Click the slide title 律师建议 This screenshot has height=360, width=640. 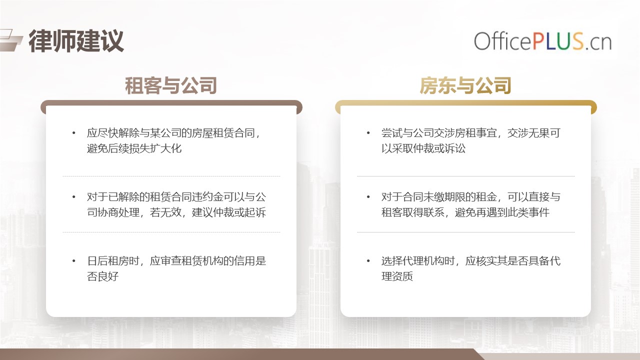76,41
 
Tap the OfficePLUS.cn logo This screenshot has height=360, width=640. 543,41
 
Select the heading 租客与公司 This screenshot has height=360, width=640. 171,85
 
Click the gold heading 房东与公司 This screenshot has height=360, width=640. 465,85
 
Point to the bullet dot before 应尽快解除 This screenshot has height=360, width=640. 74,133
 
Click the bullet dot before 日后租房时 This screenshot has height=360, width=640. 74,261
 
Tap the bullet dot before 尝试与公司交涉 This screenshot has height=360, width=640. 368,133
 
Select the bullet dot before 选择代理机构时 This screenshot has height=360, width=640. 368,261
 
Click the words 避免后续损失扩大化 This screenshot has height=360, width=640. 134,148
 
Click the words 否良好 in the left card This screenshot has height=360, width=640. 102,276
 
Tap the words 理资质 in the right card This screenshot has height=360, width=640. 397,276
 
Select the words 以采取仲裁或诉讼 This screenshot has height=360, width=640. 423,148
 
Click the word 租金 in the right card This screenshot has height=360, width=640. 486,197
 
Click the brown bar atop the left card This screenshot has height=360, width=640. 171,103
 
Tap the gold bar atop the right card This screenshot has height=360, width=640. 465,103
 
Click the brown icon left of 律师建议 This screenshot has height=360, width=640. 10,40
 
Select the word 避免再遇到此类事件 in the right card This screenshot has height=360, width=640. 502,212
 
